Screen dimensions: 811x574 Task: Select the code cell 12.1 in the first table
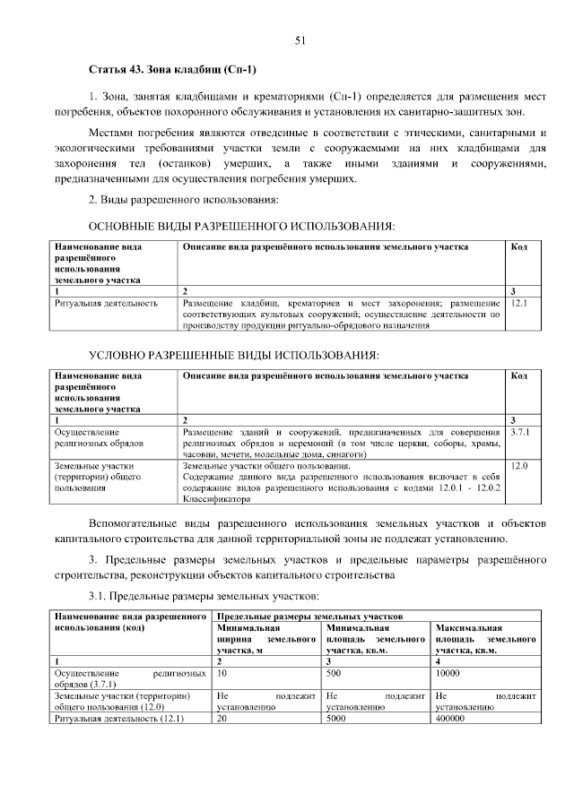[519, 303]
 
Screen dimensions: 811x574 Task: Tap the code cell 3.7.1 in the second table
[520, 432]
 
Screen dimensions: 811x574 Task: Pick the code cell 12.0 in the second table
[518, 466]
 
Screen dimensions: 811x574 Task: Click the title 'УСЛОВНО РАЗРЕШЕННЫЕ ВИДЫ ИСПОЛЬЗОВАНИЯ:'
[233, 355]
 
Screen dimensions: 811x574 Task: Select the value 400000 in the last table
[450, 718]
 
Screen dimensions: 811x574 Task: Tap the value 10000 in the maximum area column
[448, 671]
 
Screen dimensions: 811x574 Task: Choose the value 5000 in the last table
[337, 718]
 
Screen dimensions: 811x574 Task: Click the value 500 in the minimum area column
[335, 671]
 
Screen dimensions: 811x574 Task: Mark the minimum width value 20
[222, 718]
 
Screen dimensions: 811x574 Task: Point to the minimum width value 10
[222, 671]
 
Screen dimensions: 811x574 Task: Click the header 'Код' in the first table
[518, 246]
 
